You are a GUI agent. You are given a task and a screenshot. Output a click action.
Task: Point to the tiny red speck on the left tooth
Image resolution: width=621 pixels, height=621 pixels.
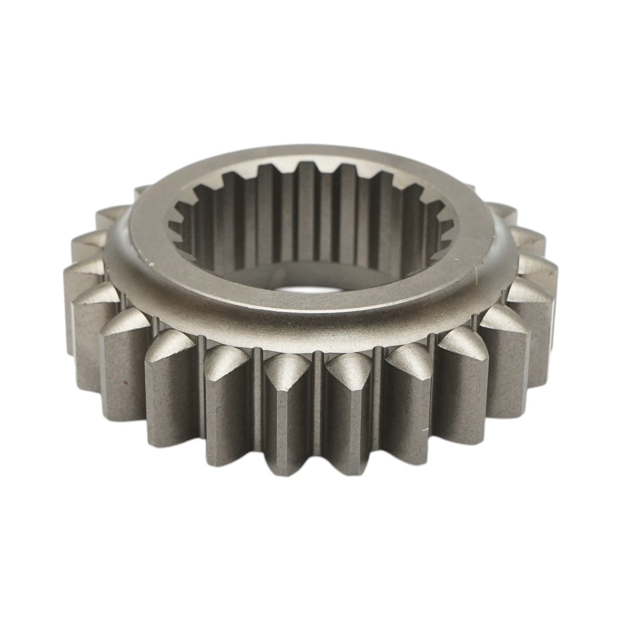pyautogui.click(x=126, y=383)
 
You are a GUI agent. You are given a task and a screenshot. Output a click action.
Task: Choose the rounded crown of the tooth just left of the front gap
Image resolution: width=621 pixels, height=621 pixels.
pyautogui.click(x=282, y=365)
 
